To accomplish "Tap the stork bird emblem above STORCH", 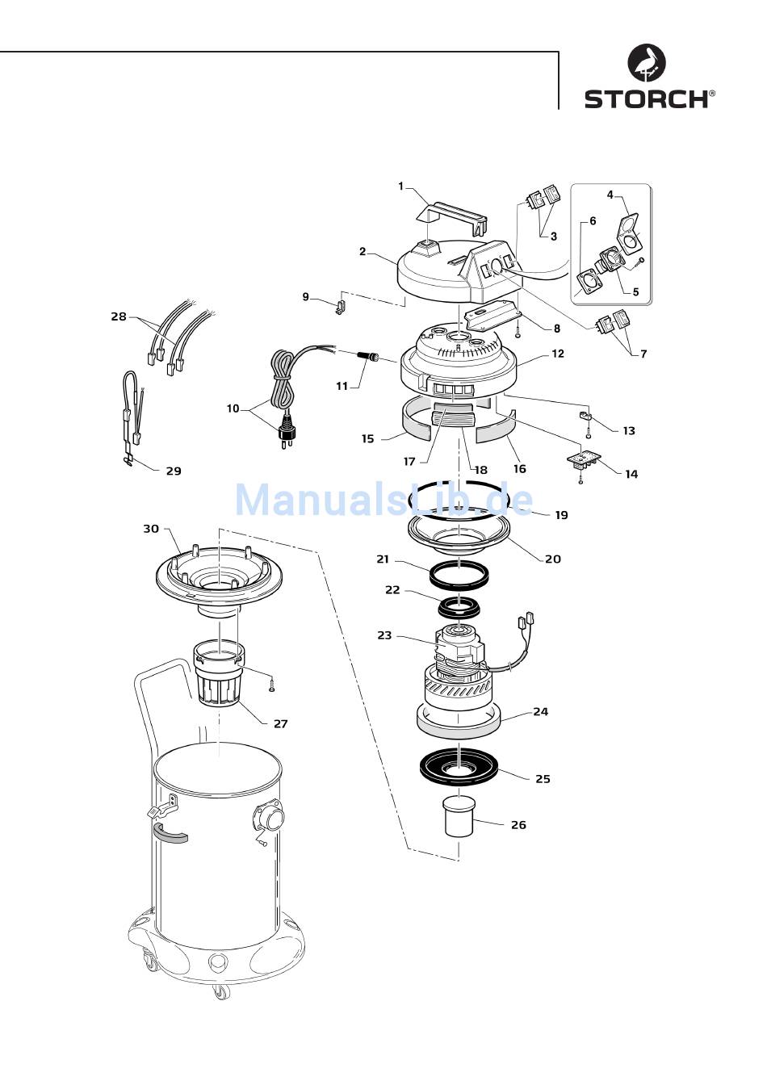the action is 647,62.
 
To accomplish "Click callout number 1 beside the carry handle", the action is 400,186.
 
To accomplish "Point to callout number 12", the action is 558,354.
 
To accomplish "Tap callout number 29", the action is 174,471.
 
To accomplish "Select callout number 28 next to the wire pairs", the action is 119,316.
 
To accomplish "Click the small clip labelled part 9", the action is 341,307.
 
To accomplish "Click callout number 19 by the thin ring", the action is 562,515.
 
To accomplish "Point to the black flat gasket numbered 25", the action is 459,777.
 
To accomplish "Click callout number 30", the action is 151,529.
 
